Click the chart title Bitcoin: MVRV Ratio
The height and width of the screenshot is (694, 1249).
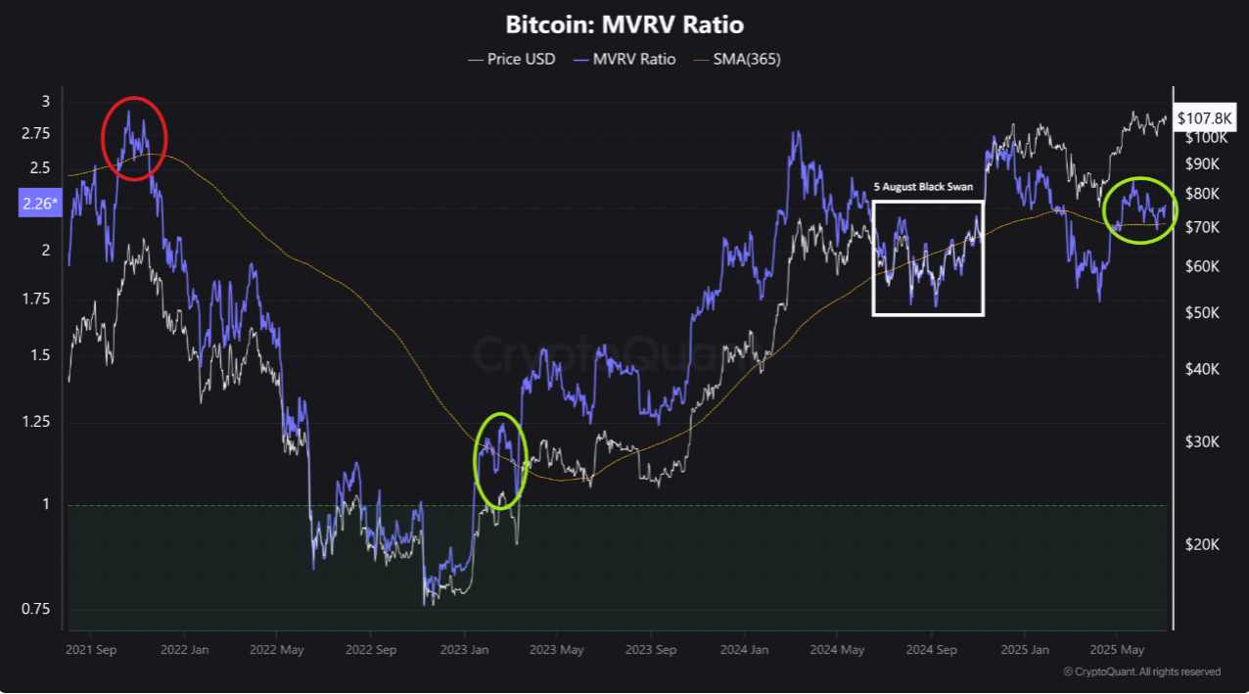click(624, 24)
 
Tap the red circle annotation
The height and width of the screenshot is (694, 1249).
click(135, 138)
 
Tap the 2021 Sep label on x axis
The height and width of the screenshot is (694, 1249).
click(91, 649)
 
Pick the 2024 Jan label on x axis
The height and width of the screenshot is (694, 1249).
click(745, 649)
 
